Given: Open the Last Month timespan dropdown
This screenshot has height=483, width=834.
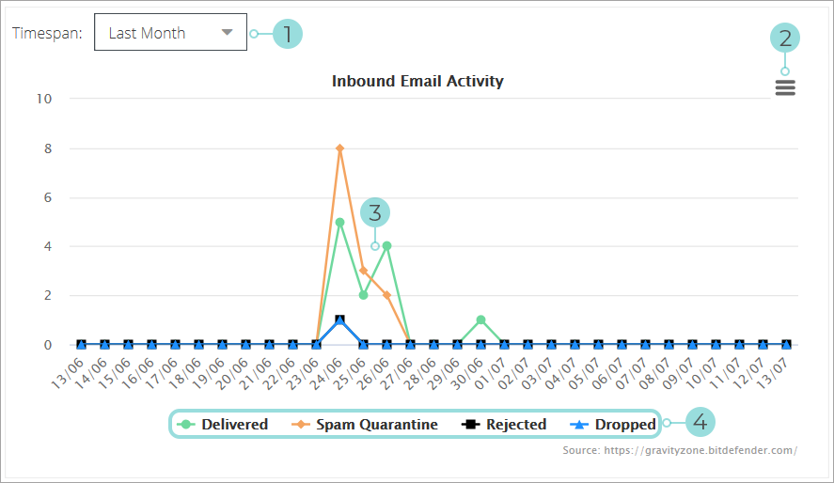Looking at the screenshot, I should (x=170, y=33).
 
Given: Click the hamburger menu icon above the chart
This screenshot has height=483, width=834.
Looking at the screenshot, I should (x=785, y=87).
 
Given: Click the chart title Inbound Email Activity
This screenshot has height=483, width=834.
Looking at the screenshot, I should (x=417, y=81).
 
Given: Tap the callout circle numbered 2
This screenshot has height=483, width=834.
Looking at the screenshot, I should (x=785, y=38).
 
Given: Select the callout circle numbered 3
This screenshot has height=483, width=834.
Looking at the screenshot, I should (x=375, y=212).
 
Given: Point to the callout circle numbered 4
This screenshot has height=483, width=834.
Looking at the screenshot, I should (x=700, y=423).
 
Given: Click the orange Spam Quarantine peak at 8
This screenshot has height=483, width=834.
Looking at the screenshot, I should (x=339, y=148).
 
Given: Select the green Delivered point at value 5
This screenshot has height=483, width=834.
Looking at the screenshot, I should (x=339, y=223).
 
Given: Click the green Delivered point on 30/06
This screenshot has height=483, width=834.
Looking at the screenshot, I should (x=480, y=320).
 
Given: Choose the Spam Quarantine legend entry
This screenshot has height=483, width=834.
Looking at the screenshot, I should (x=366, y=425).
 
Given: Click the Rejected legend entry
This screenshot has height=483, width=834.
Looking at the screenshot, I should (x=505, y=425).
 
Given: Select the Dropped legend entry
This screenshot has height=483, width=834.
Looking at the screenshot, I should (x=613, y=425).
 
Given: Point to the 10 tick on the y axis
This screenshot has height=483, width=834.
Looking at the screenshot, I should (x=44, y=99).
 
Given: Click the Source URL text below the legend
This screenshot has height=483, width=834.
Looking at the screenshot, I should (x=680, y=450).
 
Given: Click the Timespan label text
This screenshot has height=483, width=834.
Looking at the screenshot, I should (x=47, y=33).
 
